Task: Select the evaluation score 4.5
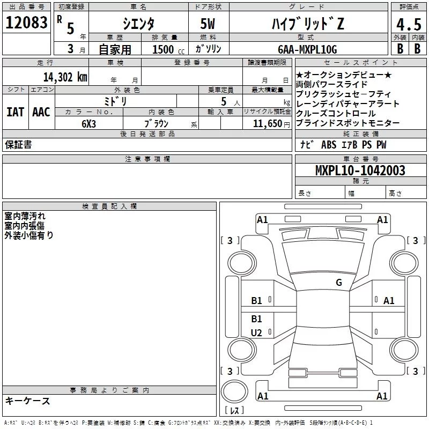pos(408,24)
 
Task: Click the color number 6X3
pos(90,123)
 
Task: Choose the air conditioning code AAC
pos(41,112)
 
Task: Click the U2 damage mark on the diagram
pos(257,333)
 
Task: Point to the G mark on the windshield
pos(339,283)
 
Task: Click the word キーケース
pos(28,401)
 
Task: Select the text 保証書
pos(18,145)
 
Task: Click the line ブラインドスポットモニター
pos(347,123)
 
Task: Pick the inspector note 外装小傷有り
pos(29,235)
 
